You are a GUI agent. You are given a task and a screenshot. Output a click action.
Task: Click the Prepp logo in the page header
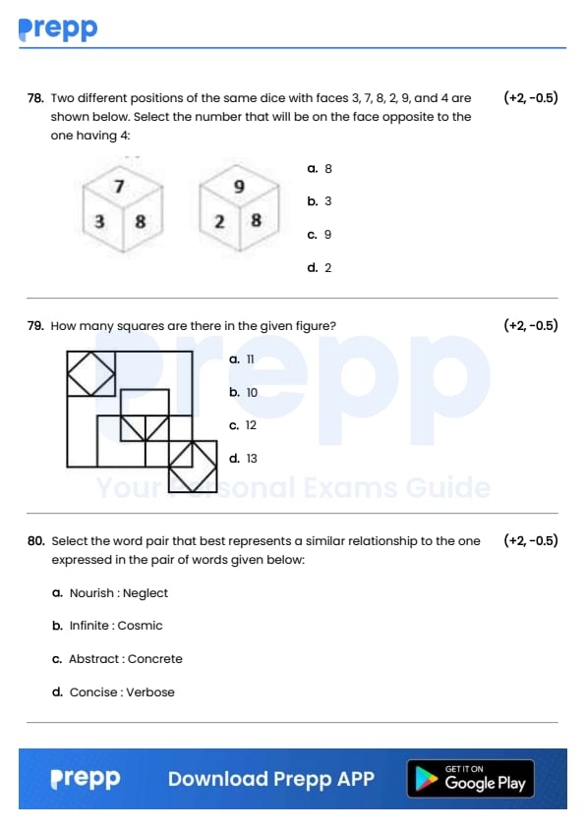click(58, 29)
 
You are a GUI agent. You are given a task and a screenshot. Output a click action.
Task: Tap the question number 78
click(35, 98)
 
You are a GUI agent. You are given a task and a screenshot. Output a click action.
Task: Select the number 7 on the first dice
click(119, 187)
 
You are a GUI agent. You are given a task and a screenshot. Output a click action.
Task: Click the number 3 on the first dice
click(99, 221)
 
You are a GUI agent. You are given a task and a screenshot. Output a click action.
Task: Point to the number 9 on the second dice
click(239, 187)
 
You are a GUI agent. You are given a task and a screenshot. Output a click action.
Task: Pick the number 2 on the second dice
click(219, 221)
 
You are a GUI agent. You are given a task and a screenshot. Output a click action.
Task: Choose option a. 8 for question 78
click(320, 169)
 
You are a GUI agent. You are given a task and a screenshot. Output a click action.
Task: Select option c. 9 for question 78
click(320, 235)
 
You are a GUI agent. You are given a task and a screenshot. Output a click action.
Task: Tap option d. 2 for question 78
click(320, 268)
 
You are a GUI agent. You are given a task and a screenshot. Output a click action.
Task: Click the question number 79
click(35, 326)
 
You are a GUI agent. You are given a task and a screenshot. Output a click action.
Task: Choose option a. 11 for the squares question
click(242, 359)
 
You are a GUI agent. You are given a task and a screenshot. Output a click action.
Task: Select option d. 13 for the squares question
click(243, 459)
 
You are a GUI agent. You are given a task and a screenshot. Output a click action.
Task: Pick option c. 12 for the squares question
click(243, 425)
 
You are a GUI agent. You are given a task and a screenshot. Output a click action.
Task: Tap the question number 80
click(36, 541)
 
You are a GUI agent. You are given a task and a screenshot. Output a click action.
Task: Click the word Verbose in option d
click(150, 692)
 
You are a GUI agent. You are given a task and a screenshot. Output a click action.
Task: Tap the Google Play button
click(470, 778)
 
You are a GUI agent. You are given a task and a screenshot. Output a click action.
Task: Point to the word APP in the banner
click(356, 779)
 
